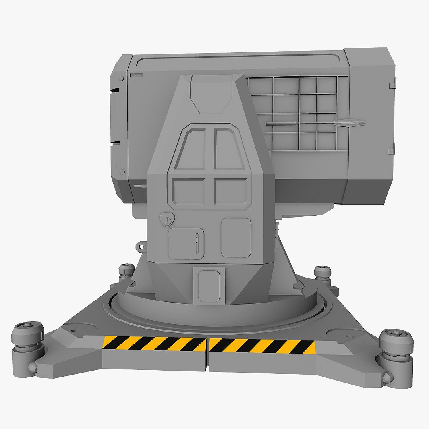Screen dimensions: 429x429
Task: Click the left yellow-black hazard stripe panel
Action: tap(154, 344)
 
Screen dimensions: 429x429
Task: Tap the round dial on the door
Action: tap(167, 219)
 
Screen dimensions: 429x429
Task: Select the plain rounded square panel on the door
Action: tap(236, 238)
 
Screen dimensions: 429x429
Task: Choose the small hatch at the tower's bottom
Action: tap(209, 285)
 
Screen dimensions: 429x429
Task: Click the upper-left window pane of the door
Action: tap(191, 149)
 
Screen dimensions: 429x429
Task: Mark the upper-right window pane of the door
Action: tap(228, 149)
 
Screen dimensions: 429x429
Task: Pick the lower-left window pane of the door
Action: tap(188, 191)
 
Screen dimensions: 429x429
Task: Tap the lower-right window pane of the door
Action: tap(231, 191)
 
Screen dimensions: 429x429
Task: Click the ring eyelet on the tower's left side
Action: tap(141, 247)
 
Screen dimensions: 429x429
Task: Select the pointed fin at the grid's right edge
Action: tap(350, 123)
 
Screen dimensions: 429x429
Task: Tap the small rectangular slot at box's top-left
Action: tap(136, 75)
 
